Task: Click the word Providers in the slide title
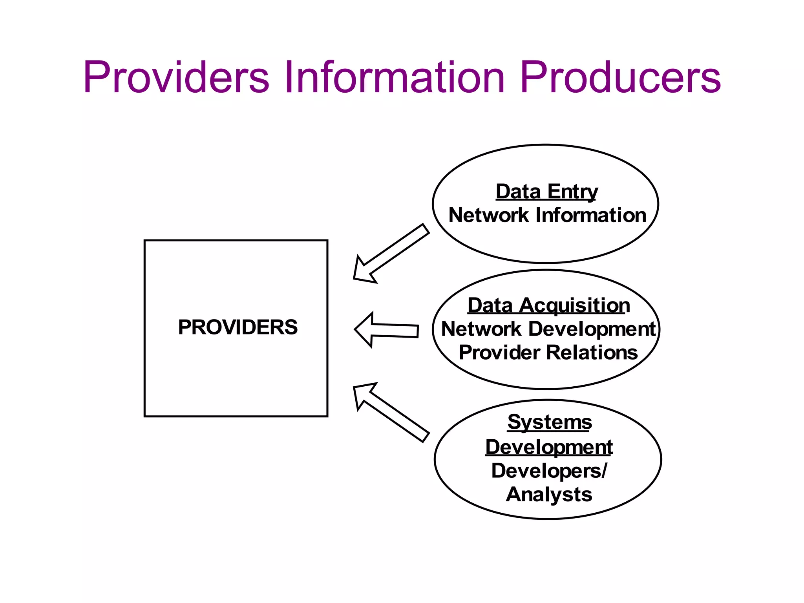[x=176, y=77]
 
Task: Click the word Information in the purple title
[x=394, y=77]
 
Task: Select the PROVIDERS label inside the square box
[x=238, y=327]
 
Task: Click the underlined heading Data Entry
[x=546, y=192]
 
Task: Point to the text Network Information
[x=547, y=215]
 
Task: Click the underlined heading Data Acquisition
[x=548, y=305]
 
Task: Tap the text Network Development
[x=548, y=329]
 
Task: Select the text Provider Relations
[x=548, y=353]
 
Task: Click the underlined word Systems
[x=549, y=422]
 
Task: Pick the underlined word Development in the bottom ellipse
[x=549, y=447]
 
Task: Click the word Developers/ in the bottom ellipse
[x=549, y=471]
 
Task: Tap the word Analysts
[x=549, y=494]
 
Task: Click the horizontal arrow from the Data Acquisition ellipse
[x=387, y=330]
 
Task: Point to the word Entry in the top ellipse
[x=572, y=192]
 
